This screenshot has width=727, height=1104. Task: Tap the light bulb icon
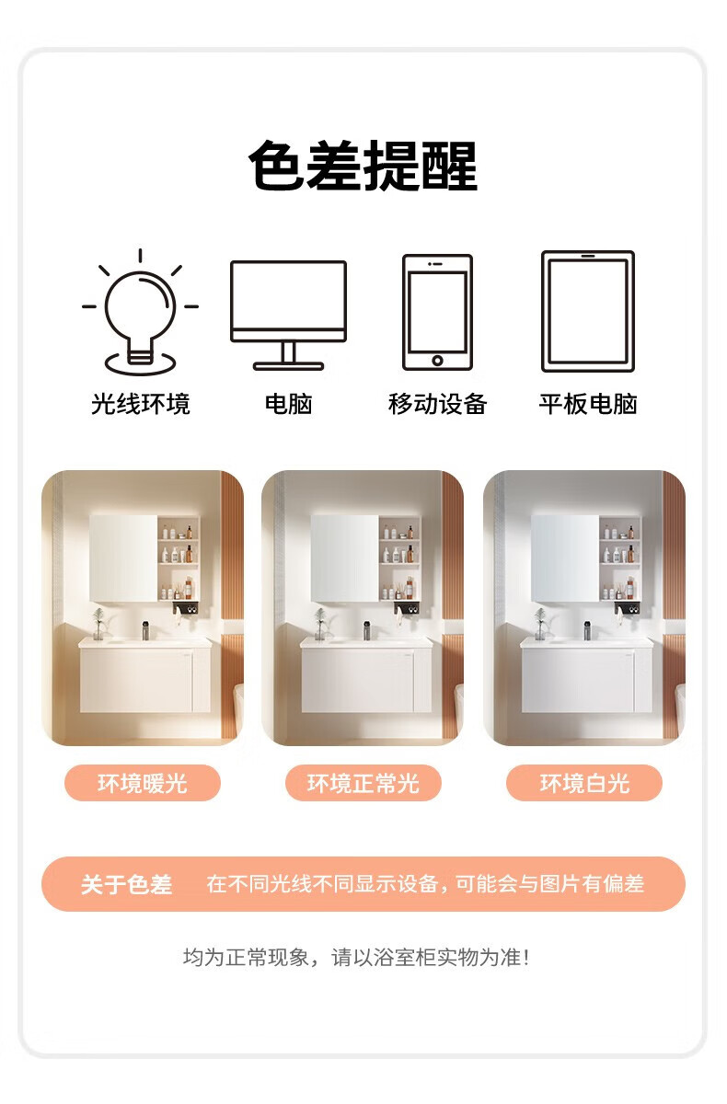pos(141,312)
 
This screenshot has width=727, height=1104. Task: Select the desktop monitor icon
pos(288,316)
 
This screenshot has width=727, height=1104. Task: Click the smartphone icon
pos(437,312)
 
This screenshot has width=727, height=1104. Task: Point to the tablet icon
pos(587,311)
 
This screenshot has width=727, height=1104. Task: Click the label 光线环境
pos(141,404)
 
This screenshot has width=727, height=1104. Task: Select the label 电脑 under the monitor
pos(288,404)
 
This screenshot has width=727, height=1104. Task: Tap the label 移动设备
pos(437,404)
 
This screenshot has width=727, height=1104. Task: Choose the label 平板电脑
pos(587,404)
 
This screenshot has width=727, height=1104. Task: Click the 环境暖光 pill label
pos(143,783)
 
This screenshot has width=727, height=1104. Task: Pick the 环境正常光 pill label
pos(363,783)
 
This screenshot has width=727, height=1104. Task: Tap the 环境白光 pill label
pos(584,783)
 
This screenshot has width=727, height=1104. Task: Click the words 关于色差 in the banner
pos(127,884)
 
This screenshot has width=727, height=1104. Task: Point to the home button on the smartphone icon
pos(437,361)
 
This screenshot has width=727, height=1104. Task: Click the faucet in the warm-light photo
pos(145,630)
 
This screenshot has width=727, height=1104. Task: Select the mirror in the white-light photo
pos(565,558)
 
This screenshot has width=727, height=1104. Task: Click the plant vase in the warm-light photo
pos(98,624)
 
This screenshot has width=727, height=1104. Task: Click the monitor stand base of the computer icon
pos(288,366)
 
